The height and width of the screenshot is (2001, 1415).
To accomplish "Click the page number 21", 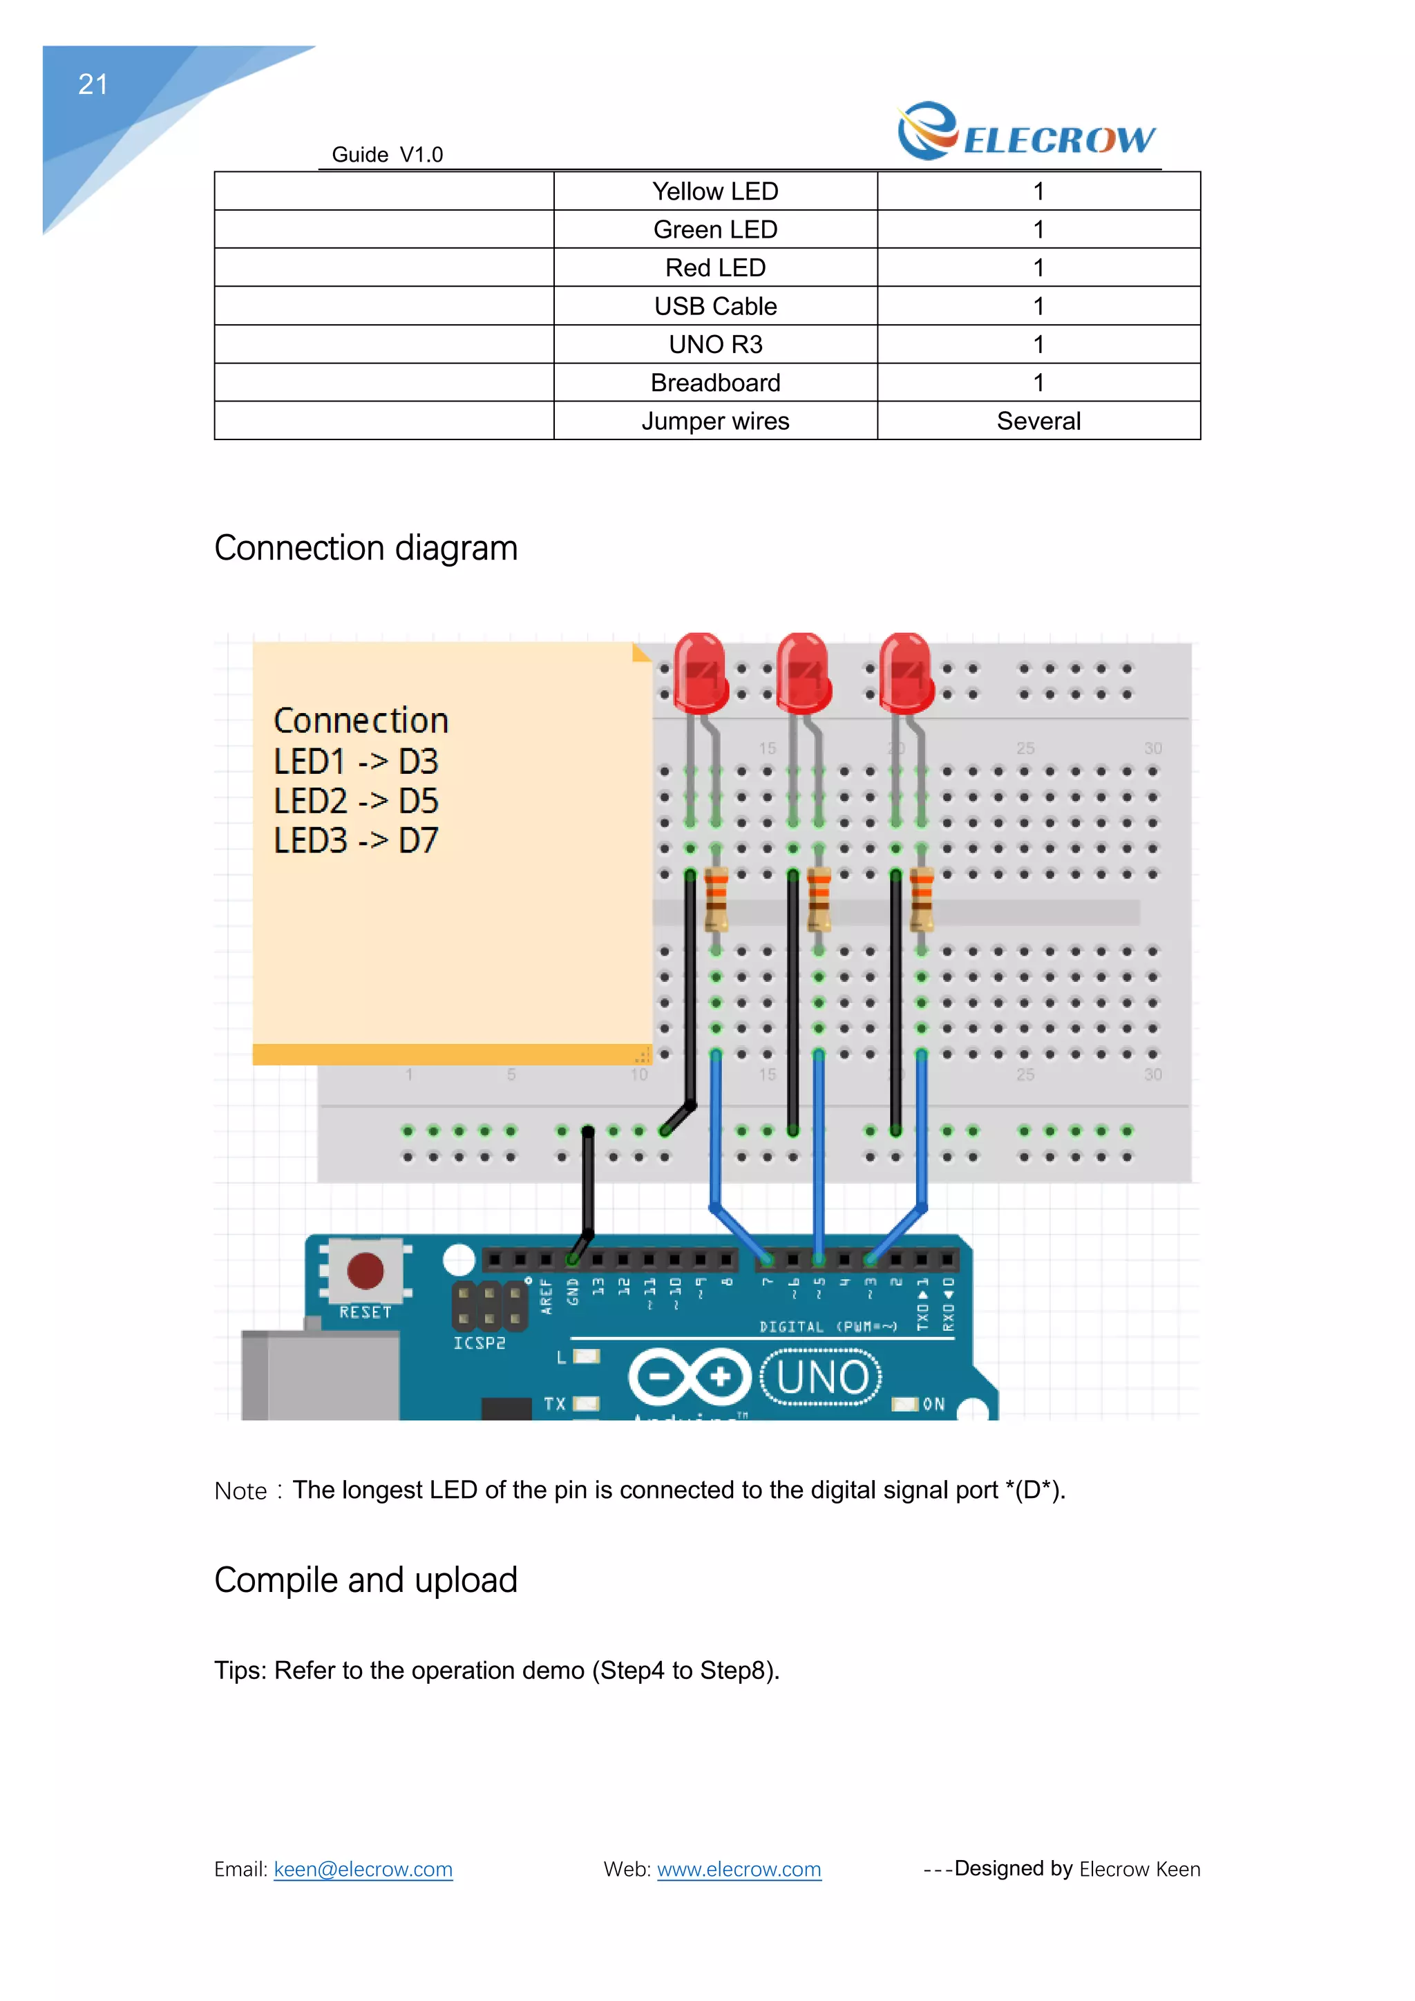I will [93, 84].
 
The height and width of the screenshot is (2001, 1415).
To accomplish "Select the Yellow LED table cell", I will [714, 191].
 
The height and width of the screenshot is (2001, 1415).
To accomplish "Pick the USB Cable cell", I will [714, 306].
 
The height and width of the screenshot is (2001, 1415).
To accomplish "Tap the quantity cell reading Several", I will [1038, 421].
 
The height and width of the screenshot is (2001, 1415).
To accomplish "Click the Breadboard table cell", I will [714, 383].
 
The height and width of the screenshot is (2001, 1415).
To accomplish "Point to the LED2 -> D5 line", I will [356, 801].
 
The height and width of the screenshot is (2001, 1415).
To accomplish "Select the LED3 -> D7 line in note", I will [356, 840].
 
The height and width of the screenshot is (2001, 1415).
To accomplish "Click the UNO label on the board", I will [822, 1378].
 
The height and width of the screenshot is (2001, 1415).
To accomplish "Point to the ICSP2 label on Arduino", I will [478, 1343].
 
